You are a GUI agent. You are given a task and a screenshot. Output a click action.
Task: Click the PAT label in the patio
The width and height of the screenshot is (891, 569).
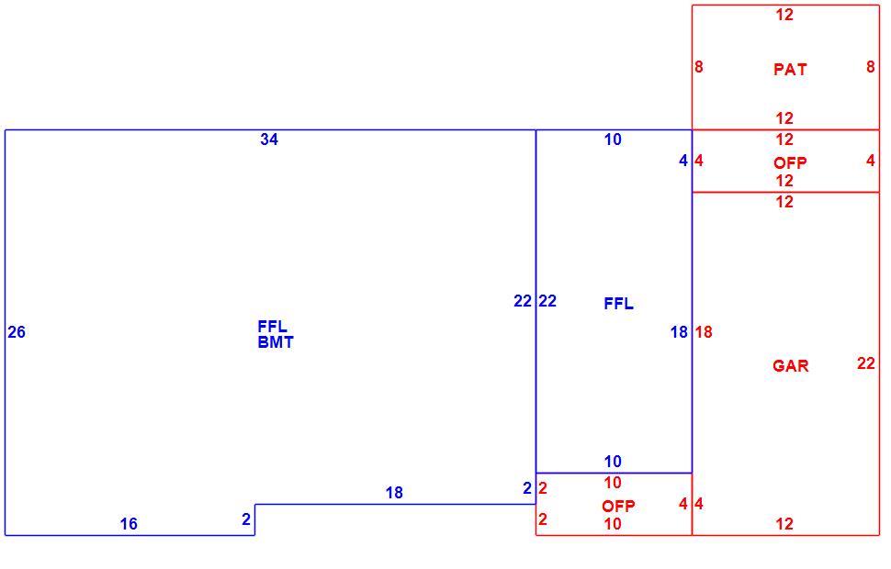[790, 69]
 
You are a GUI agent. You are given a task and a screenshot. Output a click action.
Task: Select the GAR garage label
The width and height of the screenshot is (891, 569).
[791, 365]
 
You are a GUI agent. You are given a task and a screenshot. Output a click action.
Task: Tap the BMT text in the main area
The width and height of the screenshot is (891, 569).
[276, 342]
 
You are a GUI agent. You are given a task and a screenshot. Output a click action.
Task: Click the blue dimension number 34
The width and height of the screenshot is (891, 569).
[269, 139]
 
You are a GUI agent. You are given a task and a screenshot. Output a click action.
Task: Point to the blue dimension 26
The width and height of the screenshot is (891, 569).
[17, 332]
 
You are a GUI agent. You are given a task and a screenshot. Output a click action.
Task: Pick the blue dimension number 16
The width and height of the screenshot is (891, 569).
[129, 523]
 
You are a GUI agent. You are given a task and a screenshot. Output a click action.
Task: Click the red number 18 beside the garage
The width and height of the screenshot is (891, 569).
[704, 332]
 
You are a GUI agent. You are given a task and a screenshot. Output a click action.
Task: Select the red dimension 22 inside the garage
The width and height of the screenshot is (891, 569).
[866, 363]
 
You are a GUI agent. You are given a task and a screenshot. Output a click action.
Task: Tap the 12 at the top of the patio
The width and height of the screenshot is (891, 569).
[784, 15]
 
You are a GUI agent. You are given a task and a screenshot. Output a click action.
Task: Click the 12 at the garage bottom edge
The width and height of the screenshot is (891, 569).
[784, 523]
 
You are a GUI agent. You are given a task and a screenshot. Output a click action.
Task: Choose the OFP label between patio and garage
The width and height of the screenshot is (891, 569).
[790, 163]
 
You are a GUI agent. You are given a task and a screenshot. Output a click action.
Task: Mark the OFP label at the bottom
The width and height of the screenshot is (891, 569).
[618, 506]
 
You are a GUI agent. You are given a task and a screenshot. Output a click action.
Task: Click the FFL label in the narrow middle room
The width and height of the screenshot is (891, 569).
[618, 304]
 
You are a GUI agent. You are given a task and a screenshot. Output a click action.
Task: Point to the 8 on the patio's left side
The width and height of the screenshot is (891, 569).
[699, 67]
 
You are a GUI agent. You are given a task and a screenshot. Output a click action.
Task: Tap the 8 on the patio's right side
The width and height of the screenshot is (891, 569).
[871, 67]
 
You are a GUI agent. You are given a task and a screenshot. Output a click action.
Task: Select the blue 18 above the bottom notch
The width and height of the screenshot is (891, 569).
[394, 492]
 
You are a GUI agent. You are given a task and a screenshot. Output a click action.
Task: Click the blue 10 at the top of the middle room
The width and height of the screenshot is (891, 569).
[613, 139]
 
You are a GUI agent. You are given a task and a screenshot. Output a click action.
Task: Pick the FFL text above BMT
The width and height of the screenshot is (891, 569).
[272, 327]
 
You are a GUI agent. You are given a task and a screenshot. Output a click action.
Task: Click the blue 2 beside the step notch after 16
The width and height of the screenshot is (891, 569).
[246, 519]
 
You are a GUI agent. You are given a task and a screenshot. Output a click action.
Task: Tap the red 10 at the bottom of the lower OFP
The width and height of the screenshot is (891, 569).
[613, 523]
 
